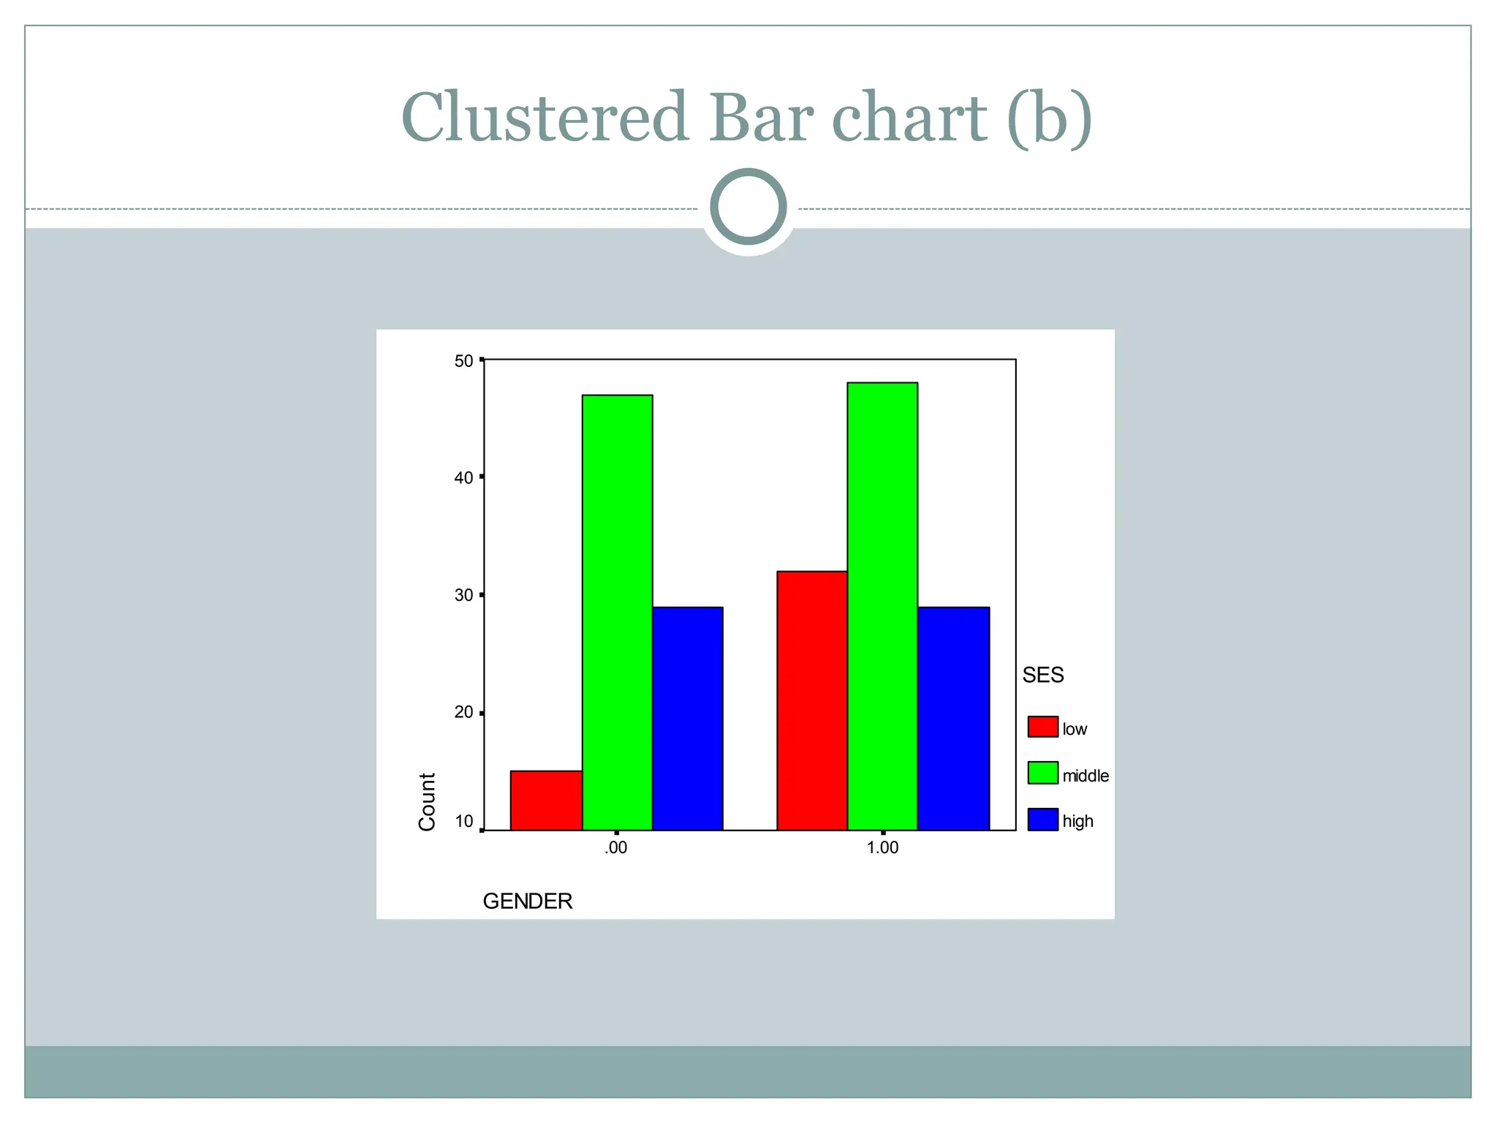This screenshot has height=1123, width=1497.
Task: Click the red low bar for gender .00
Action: pyautogui.click(x=546, y=801)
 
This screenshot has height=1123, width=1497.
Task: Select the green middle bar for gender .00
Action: pyautogui.click(x=617, y=613)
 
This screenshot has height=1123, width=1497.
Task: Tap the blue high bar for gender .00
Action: pyautogui.click(x=687, y=719)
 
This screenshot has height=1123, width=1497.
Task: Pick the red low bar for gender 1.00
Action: pyautogui.click(x=811, y=700)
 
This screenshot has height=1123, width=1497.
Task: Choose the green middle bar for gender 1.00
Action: pyautogui.click(x=882, y=607)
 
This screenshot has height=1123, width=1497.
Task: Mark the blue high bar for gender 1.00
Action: pyautogui.click(x=953, y=719)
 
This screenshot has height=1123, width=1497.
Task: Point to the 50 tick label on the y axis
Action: pyautogui.click(x=464, y=361)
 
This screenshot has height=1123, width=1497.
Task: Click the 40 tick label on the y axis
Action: pyautogui.click(x=464, y=478)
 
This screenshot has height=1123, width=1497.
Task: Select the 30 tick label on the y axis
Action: pyautogui.click(x=464, y=595)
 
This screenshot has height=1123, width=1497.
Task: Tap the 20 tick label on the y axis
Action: pyautogui.click(x=464, y=713)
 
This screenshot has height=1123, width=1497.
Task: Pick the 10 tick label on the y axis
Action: pyautogui.click(x=464, y=822)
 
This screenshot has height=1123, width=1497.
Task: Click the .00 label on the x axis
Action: pyautogui.click(x=616, y=848)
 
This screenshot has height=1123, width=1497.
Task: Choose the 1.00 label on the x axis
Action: pyautogui.click(x=882, y=848)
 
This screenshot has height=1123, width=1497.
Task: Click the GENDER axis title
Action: pyautogui.click(x=528, y=901)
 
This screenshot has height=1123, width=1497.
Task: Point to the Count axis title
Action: pyautogui.click(x=427, y=801)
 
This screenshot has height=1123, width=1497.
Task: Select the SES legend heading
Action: pyautogui.click(x=1043, y=676)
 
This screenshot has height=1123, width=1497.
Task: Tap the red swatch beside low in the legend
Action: pyautogui.click(x=1042, y=727)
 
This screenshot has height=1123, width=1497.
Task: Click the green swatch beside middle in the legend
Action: pyautogui.click(x=1042, y=774)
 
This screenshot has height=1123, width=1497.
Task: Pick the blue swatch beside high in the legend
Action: pyautogui.click(x=1042, y=820)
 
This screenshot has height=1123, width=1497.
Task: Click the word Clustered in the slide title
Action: pyautogui.click(x=545, y=118)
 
